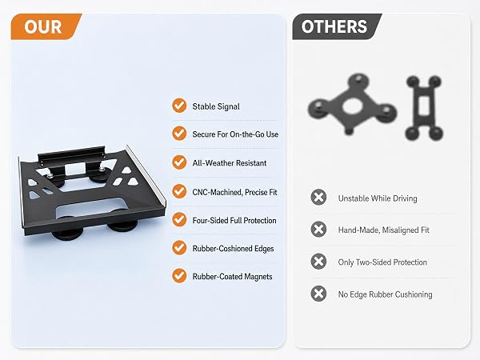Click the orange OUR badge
tap(46, 26)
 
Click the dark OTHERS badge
tap(337, 26)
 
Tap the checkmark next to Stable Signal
tap(179, 106)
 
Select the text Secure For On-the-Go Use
tap(235, 134)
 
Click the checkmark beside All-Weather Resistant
tap(179, 162)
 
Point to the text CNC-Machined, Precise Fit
tap(234, 192)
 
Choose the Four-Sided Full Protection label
tap(234, 221)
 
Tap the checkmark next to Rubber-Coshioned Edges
tap(179, 247)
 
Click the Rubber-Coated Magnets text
tap(232, 277)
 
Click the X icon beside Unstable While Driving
tap(318, 197)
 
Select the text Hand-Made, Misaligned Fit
tap(383, 230)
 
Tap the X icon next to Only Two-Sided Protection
tap(318, 262)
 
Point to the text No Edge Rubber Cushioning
tap(385, 294)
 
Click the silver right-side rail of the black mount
tap(146, 175)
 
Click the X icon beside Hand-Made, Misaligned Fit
tap(318, 230)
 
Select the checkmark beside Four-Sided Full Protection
tap(179, 219)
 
